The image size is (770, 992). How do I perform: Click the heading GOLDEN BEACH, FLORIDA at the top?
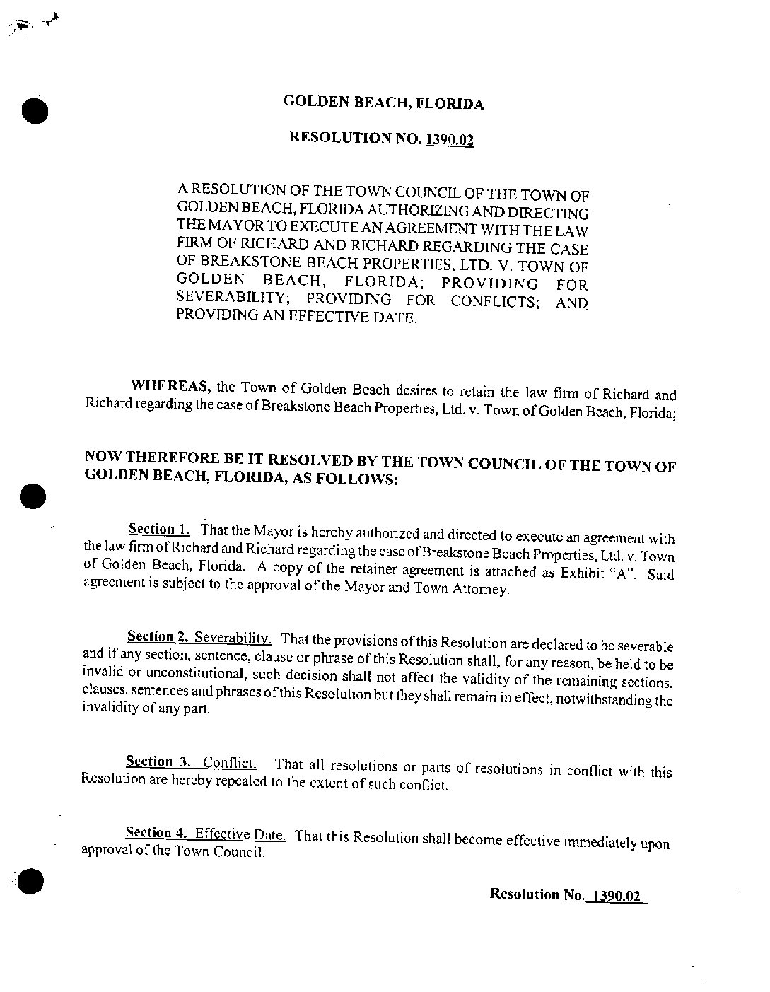(383, 103)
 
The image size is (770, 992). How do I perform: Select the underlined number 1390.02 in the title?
(449, 139)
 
